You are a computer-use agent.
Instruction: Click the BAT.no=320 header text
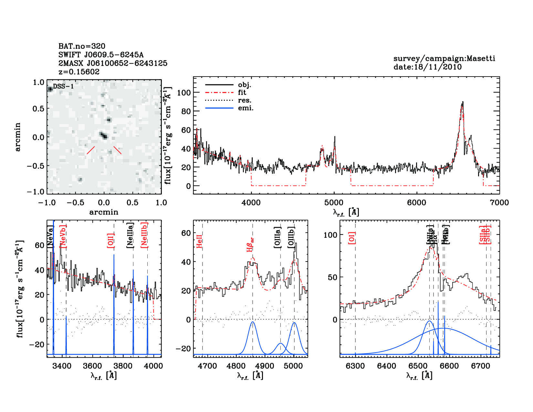(82, 46)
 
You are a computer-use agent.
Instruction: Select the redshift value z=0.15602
(79, 72)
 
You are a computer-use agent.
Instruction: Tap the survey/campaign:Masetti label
(444, 58)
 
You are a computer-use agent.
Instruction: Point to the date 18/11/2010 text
(427, 67)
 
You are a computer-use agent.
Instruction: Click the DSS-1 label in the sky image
(63, 86)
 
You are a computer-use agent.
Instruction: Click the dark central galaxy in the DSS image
(103, 135)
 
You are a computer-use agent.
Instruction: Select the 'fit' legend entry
(242, 92)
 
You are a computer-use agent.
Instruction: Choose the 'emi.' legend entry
(246, 108)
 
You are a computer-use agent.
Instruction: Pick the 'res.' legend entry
(245, 100)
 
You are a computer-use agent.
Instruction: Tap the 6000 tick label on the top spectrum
(416, 203)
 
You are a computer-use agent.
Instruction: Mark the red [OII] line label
(110, 240)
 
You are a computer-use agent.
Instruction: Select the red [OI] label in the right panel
(352, 238)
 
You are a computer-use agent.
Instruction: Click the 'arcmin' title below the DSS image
(104, 212)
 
